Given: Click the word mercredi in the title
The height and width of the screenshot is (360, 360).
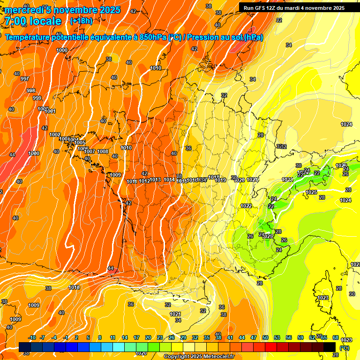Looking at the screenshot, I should [24, 10].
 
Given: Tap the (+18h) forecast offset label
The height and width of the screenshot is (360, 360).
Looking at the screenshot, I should [81, 21].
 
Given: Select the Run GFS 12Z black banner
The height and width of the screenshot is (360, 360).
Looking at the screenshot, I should [294, 8].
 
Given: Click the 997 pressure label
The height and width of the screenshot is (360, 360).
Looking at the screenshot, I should [25, 79].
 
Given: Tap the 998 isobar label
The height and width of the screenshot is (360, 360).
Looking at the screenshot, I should [31, 90].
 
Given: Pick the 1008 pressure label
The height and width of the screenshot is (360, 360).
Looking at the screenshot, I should [103, 151].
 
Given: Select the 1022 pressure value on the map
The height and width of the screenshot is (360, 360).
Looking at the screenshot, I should [246, 206].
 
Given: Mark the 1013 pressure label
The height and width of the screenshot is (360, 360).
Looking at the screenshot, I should [156, 180].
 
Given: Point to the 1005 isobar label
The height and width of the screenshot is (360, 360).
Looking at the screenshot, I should [80, 143].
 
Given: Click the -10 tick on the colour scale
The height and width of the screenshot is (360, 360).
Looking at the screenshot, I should [32, 337].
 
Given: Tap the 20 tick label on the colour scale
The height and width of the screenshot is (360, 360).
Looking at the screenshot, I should [148, 337].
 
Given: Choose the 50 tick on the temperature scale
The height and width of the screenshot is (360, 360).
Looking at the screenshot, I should [265, 337].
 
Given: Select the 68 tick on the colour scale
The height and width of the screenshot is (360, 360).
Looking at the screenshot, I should [336, 337].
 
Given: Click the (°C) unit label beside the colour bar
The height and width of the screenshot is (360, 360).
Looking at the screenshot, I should [345, 347].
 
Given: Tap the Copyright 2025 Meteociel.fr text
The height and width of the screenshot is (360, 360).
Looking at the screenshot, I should [199, 357].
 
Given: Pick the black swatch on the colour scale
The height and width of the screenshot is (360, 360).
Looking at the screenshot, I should [330, 346].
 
